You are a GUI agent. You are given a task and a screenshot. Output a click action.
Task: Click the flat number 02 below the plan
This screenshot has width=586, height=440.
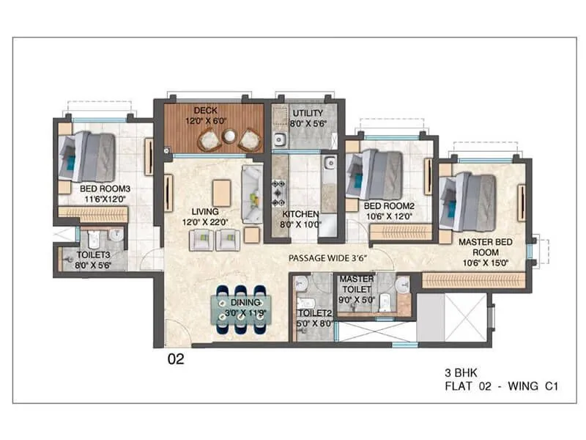[x=176, y=359]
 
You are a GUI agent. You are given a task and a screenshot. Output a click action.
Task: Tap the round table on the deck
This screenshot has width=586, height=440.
[x=229, y=136]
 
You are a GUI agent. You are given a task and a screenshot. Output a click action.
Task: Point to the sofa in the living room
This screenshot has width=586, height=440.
[x=253, y=194]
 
